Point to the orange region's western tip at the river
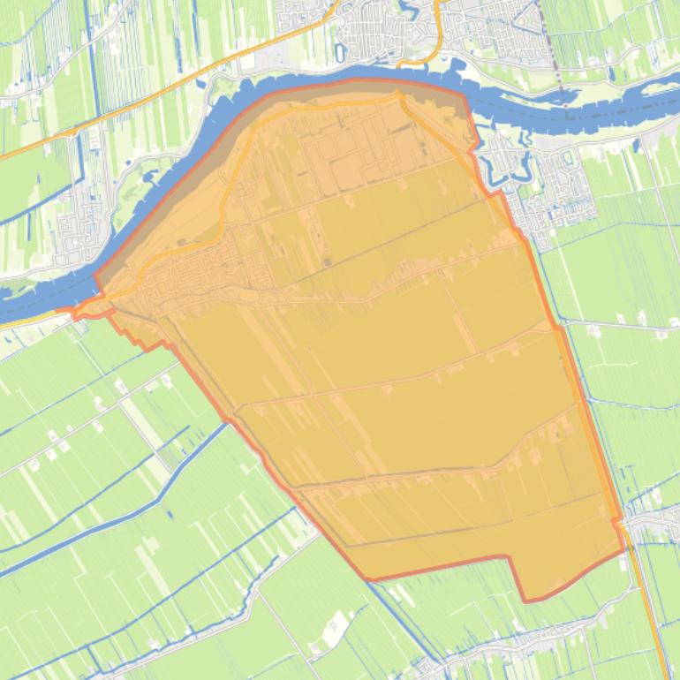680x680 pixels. pyautogui.click(x=76, y=313)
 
